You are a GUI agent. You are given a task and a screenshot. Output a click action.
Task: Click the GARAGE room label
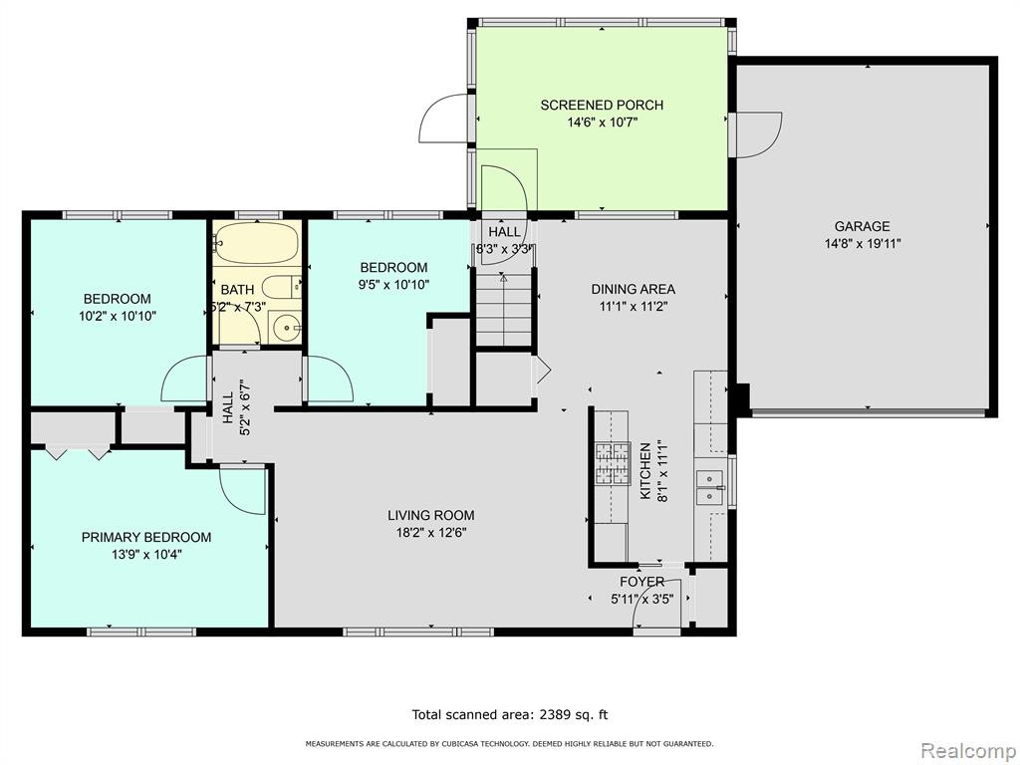point(862,226)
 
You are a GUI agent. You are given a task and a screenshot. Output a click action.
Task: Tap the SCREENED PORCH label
point(602,105)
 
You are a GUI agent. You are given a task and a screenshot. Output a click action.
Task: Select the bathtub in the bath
point(256,243)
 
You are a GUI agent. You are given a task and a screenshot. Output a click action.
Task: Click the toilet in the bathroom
point(282,287)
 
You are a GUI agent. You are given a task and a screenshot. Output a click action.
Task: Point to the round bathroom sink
point(285,327)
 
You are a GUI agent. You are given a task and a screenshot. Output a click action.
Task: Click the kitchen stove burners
point(613,463)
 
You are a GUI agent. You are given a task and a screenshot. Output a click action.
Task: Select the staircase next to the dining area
point(504,310)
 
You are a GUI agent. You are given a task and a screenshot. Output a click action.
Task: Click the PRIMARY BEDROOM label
point(146,537)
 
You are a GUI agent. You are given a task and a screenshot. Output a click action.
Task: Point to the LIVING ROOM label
point(430,515)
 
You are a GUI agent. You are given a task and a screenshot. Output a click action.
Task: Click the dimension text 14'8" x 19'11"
point(862,244)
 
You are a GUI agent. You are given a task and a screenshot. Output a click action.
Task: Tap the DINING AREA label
point(633,289)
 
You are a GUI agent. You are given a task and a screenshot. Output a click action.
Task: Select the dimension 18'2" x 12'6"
point(430,533)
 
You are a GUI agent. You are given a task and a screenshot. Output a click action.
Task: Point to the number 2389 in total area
point(554,714)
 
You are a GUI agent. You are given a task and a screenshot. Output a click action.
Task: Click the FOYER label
point(642,582)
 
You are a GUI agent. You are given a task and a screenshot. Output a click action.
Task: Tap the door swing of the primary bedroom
point(242,490)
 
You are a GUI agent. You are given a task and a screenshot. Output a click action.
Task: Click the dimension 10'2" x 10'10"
point(118,317)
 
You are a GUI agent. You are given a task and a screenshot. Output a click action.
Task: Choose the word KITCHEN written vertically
point(645,471)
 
